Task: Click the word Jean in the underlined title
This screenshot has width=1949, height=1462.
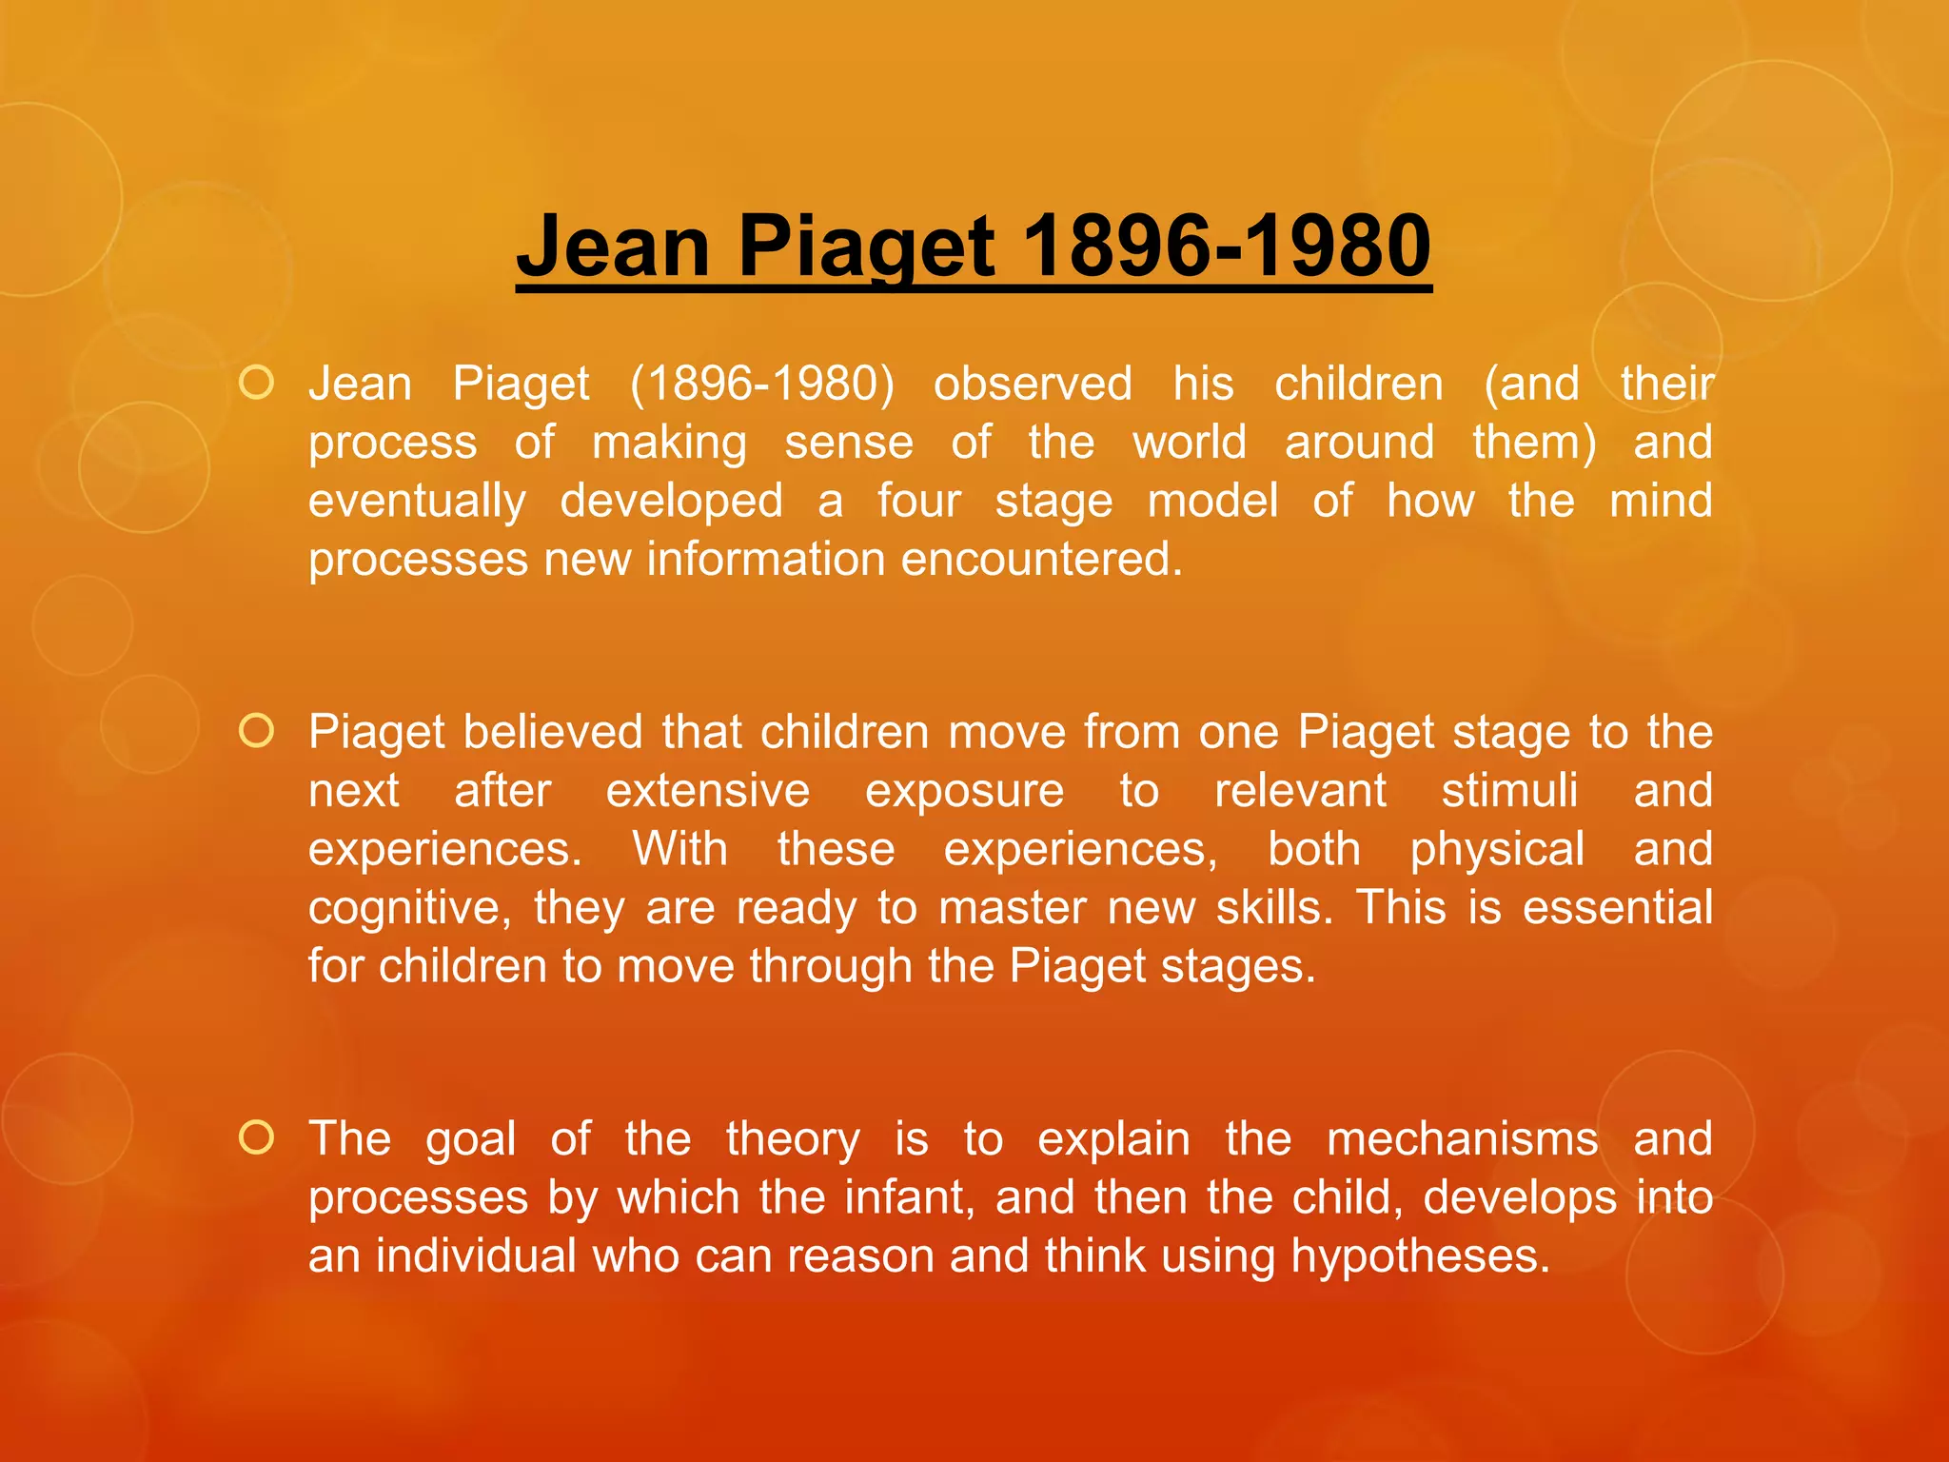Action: click(612, 246)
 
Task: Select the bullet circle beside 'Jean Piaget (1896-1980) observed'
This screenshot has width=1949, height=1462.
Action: click(257, 383)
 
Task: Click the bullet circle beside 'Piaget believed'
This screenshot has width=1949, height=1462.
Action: click(257, 731)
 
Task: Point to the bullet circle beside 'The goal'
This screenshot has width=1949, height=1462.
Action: click(257, 1137)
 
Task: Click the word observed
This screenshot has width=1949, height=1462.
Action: click(1033, 384)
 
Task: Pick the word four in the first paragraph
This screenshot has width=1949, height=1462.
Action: click(918, 501)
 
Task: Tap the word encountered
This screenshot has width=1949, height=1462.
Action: click(1041, 559)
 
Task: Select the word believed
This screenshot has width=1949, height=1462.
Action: click(553, 732)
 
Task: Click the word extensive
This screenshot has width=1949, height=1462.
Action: click(708, 791)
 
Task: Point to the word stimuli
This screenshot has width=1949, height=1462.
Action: click(1509, 791)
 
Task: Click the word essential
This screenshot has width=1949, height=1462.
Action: click(1617, 907)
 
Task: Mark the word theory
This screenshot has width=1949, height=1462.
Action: click(793, 1139)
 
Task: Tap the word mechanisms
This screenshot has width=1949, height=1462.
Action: click(1462, 1139)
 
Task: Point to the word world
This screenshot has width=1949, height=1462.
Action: click(1189, 443)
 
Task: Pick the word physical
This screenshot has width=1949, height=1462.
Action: click(1497, 849)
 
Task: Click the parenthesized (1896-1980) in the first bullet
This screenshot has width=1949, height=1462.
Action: click(762, 385)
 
